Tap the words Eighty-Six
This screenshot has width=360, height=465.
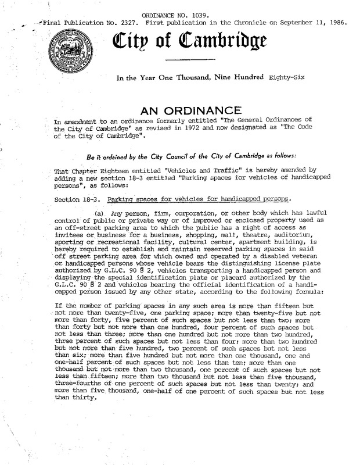[x=275, y=77]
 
